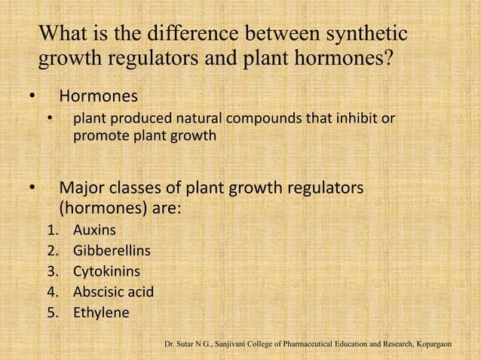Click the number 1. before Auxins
click(x=52, y=227)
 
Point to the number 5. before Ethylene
click(x=52, y=310)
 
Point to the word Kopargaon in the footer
click(x=431, y=345)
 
